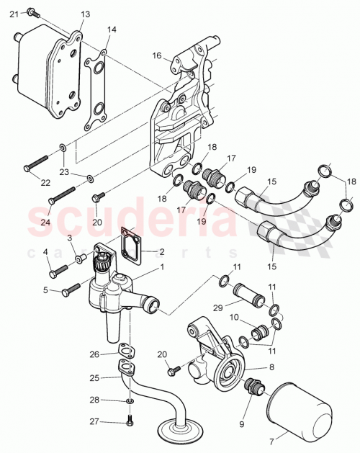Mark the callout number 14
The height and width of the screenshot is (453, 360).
[x=111, y=30]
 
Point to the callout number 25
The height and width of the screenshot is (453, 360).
[x=94, y=377]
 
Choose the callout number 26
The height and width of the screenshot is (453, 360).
[x=94, y=354]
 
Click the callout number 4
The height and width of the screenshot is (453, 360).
[x=45, y=252]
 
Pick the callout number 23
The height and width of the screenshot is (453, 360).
[x=64, y=171]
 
